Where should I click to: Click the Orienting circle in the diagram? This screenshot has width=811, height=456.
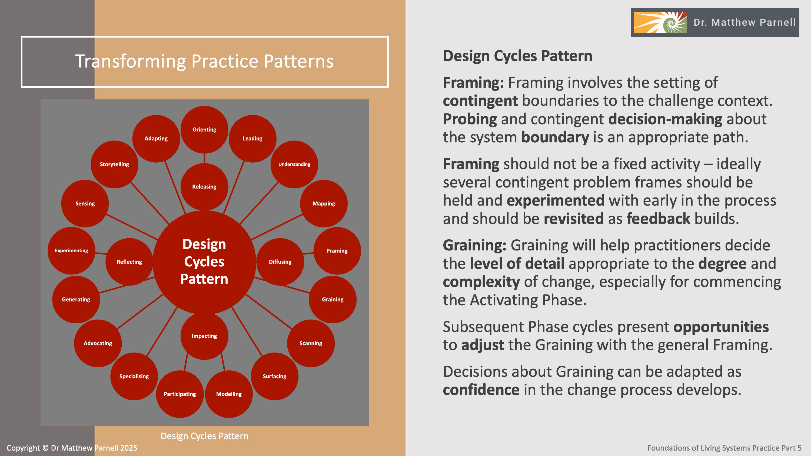pos(204,129)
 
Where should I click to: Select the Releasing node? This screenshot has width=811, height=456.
pos(204,187)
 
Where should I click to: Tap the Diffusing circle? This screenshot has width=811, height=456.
pos(280,261)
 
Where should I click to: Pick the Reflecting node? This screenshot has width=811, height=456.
pos(129,261)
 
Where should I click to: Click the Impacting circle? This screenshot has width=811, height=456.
pos(204,336)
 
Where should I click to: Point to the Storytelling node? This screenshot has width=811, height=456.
pos(114,164)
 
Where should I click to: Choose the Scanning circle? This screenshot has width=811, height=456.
pos(311,343)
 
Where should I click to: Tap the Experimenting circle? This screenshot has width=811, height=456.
pos(71,250)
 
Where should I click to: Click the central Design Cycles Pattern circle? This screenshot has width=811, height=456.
pos(204,261)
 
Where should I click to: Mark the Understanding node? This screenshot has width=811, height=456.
pos(294,164)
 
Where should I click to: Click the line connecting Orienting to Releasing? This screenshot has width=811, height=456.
pos(204,158)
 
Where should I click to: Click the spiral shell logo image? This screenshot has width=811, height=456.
pos(660,22)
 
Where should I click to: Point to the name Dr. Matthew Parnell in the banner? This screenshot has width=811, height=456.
pos(744,22)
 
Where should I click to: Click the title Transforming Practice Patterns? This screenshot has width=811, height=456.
pos(204,61)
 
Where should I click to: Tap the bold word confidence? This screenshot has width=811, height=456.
pos(481,390)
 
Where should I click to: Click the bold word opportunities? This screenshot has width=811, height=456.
pos(721,327)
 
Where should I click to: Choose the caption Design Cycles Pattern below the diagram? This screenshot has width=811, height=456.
pos(204,436)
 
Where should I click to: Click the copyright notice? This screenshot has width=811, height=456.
pos(72,448)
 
